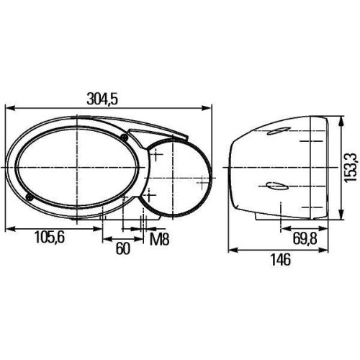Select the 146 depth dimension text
(x=281, y=260)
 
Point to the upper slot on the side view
(x=277, y=132)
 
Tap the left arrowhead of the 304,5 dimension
(x=8, y=109)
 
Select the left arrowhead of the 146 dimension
(x=230, y=251)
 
